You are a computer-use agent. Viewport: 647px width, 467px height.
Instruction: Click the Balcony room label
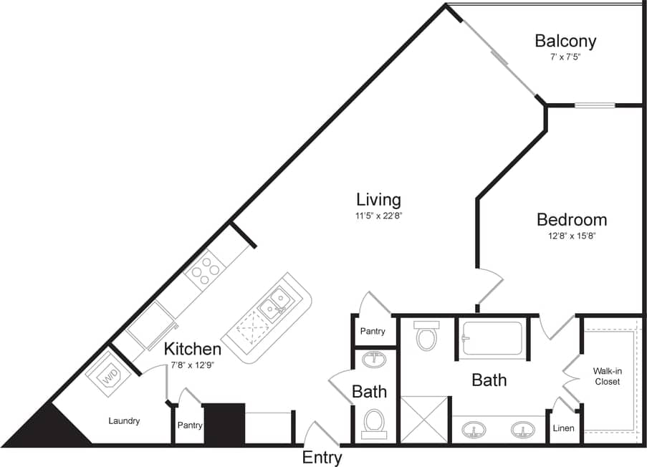[565, 40]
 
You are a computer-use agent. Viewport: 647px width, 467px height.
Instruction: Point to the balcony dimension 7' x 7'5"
[561, 57]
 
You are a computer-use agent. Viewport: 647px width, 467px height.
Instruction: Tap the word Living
[378, 199]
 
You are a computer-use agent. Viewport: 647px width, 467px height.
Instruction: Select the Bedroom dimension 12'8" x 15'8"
[571, 236]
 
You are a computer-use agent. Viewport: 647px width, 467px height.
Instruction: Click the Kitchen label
[192, 350]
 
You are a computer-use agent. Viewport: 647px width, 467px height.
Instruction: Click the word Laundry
[124, 421]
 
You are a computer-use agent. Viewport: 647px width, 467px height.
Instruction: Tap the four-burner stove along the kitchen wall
[206, 269]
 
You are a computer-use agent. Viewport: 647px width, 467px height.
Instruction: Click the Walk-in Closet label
[606, 376]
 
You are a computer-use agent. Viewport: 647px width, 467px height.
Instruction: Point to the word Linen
[562, 428]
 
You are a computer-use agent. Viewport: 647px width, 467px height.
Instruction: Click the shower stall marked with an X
[424, 420]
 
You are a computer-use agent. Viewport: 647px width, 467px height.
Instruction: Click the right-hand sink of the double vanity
[522, 430]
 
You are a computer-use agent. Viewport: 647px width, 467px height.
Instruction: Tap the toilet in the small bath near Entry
[374, 423]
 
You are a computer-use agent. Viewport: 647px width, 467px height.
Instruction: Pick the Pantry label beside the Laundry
[189, 425]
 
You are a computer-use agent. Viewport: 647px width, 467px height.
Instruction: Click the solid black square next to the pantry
[224, 423]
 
